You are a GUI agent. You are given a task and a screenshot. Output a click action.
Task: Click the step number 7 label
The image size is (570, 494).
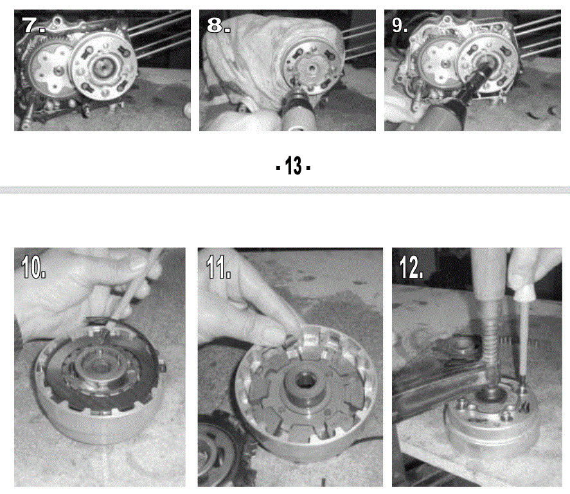click(x=33, y=26)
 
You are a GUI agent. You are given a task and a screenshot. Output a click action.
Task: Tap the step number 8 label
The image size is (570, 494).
click(x=218, y=26)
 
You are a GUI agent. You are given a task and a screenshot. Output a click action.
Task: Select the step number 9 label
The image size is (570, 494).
click(x=400, y=26)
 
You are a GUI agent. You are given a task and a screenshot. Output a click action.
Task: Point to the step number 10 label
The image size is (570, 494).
click(x=33, y=267)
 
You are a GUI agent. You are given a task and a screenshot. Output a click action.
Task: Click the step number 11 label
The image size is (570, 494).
click(x=218, y=267)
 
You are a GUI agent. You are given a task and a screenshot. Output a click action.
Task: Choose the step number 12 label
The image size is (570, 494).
click(x=411, y=267)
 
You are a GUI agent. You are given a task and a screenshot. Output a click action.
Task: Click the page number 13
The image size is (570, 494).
click(x=293, y=166)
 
